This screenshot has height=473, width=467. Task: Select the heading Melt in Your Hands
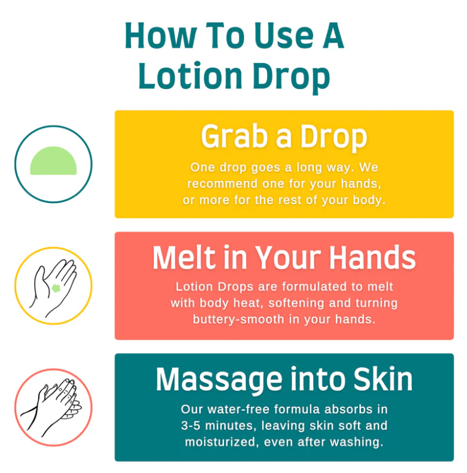tap(284, 258)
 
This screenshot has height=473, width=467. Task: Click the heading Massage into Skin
tap(284, 380)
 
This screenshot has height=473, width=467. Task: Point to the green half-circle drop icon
tap(53, 161)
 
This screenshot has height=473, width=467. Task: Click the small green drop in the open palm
tap(56, 288)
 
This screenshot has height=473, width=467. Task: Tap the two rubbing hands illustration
tap(53, 407)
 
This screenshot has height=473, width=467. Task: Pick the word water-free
tap(230, 410)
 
